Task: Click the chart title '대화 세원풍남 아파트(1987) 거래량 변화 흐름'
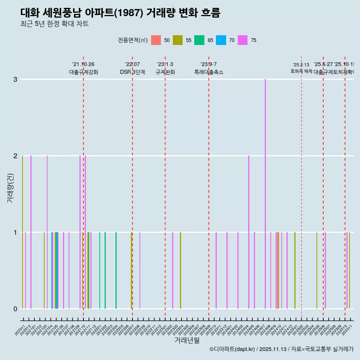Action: (120, 13)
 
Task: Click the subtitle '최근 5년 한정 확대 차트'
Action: (54, 24)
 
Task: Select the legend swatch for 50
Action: (156, 40)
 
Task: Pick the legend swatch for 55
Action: (177, 40)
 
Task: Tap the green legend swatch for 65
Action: (199, 40)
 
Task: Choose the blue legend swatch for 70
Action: (221, 40)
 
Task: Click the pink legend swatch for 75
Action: (243, 40)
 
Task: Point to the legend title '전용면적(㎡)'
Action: (133, 40)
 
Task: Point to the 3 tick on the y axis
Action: (15, 79)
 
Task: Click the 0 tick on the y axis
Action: (15, 309)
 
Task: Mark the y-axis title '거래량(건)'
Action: (10, 188)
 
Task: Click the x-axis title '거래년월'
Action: (187, 340)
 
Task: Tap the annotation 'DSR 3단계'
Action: (132, 72)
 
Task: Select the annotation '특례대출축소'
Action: (208, 72)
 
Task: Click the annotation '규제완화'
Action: (165, 72)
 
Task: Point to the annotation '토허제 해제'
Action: (301, 71)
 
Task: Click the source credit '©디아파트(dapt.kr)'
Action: (232, 349)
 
